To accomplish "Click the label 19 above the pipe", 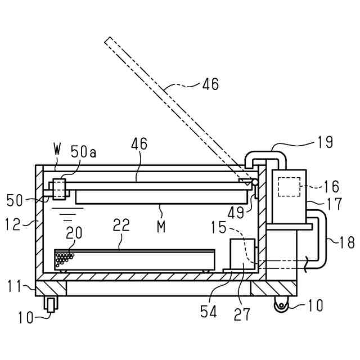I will click(x=325, y=142).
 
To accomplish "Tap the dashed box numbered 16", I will click(x=289, y=187).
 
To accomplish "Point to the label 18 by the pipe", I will click(x=346, y=242).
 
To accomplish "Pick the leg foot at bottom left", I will click(x=52, y=304).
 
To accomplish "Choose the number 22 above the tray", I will click(x=121, y=226).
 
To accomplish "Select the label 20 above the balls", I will click(x=74, y=232).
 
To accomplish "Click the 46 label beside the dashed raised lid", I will click(x=210, y=85).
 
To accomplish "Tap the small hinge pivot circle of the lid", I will click(x=255, y=182).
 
